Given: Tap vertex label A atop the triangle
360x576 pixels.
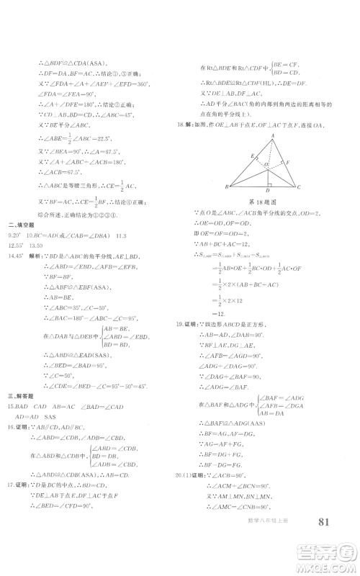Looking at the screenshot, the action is pos(274,135).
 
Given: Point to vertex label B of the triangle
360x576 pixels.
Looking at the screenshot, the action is pos(228,186).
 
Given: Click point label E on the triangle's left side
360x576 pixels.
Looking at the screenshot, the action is pos(252,156).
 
